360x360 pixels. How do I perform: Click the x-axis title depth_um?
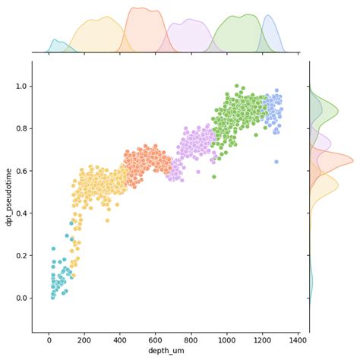pyautogui.click(x=166, y=350)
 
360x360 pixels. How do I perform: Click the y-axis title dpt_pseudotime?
pyautogui.click(x=9, y=196)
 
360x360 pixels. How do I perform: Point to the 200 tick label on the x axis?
pyautogui.click(x=84, y=339)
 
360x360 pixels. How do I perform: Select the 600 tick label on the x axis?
pyautogui.click(x=156, y=339)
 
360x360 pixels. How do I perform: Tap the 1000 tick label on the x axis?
pyautogui.click(x=226, y=339)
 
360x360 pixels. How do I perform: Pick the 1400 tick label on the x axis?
pyautogui.click(x=298, y=339)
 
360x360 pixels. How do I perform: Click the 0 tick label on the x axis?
pyautogui.click(x=49, y=339)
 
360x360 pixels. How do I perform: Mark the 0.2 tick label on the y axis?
pyautogui.click(x=21, y=255)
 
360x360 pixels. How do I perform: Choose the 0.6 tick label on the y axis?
pyautogui.click(x=21, y=171)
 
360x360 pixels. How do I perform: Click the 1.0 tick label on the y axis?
pyautogui.click(x=21, y=87)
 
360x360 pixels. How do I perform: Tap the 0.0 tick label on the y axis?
pyautogui.click(x=21, y=298)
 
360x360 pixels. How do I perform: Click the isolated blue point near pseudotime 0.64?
pyautogui.click(x=276, y=162)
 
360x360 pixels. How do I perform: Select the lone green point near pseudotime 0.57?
pyautogui.click(x=214, y=177)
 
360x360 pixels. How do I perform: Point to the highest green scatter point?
pyautogui.click(x=237, y=87)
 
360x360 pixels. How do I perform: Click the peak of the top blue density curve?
pyautogui.click(x=267, y=16)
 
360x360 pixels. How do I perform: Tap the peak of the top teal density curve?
pyautogui.click(x=55, y=40)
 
